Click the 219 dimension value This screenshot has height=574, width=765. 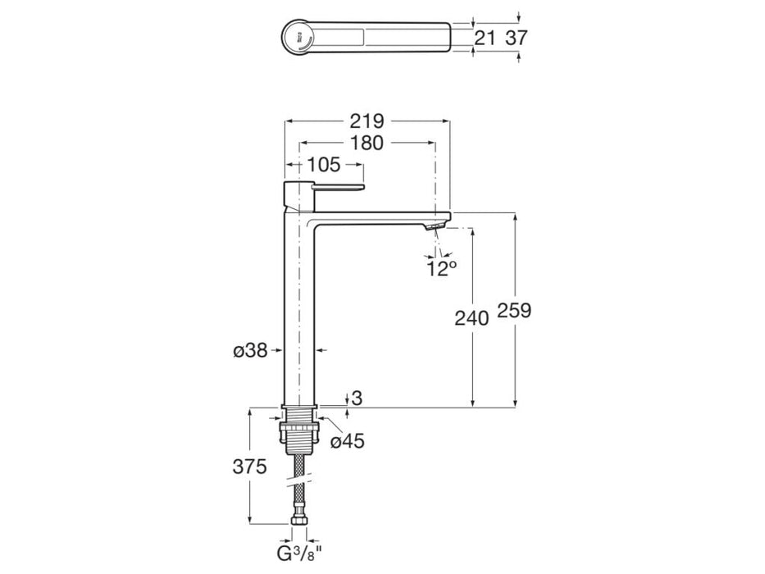[x=367, y=121]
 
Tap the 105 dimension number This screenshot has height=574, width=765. [x=326, y=165]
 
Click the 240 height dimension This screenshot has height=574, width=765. [x=471, y=317]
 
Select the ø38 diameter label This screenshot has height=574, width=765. [x=251, y=351]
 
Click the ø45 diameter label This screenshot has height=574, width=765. [x=347, y=442]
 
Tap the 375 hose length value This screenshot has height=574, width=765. [x=249, y=467]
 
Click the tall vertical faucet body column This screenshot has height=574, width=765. [x=298, y=312]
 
